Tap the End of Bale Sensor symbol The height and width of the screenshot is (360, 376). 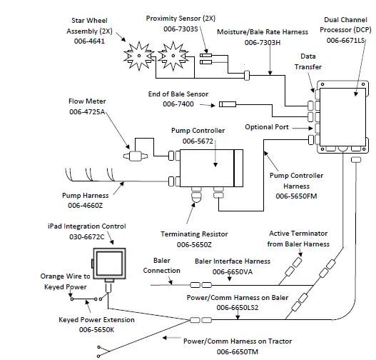pyautogui.click(x=228, y=105)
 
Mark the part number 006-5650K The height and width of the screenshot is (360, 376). pyautogui.click(x=87, y=329)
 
